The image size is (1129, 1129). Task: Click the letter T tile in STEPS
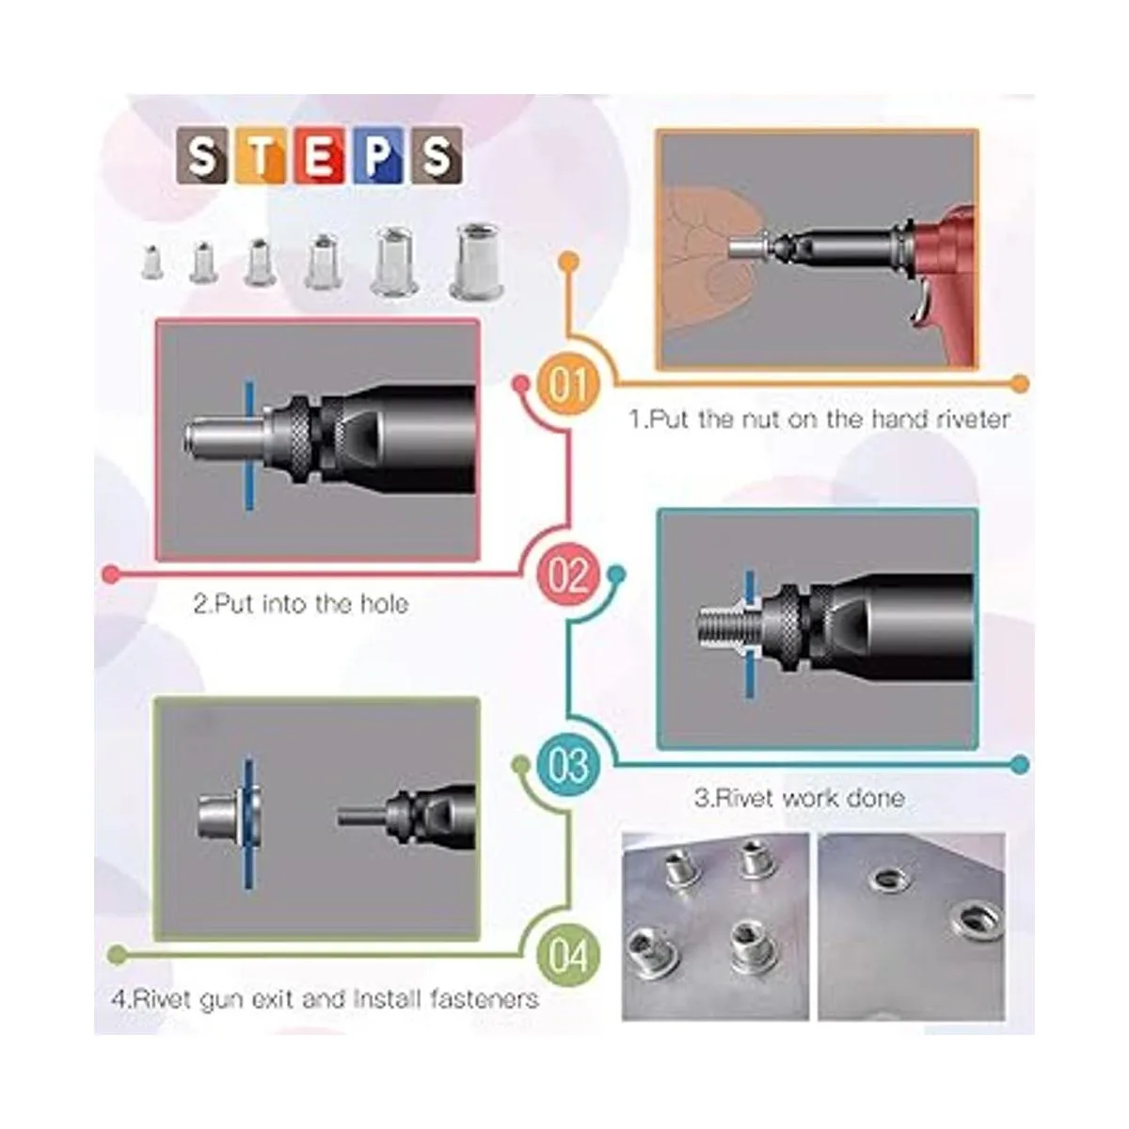coord(260,156)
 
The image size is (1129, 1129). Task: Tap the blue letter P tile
coord(378,156)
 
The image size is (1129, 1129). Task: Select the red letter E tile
coord(319,156)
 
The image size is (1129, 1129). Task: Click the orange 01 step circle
coord(568,386)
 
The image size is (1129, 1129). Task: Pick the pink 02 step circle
coord(569,575)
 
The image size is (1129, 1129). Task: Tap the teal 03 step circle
coord(569,765)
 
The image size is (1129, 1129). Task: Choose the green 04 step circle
coord(569,955)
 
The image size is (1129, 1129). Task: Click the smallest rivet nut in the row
coord(151,262)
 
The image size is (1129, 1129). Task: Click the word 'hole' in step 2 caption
coord(385,604)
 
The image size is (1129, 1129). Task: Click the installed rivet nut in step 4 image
coord(229,816)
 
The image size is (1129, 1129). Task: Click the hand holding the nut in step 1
coord(712,259)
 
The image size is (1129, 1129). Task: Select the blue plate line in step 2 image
coord(249,445)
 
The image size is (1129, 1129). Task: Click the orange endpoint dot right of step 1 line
coord(1020,385)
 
